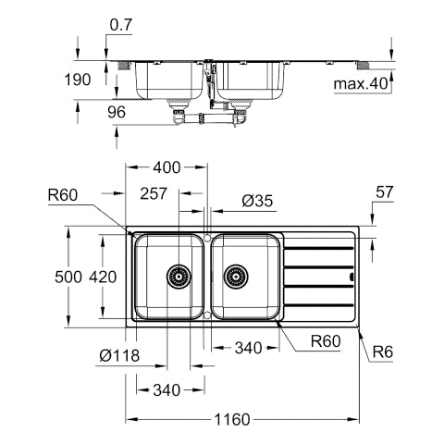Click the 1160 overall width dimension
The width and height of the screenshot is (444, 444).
click(x=232, y=419)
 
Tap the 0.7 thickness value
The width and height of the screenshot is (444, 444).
click(x=121, y=25)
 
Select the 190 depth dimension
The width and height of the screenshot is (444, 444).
click(x=78, y=80)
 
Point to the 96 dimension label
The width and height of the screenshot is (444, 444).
click(x=117, y=112)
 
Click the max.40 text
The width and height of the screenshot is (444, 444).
click(x=361, y=83)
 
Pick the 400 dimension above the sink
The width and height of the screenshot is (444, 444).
click(x=166, y=167)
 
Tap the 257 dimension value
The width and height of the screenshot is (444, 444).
click(x=154, y=193)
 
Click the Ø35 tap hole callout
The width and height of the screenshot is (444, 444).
click(x=257, y=201)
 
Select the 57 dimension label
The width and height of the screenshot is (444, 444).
click(x=385, y=192)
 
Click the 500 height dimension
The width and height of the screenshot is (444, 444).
click(x=68, y=277)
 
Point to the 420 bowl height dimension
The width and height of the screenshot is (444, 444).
click(x=103, y=277)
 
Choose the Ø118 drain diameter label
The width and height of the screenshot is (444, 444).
click(x=119, y=355)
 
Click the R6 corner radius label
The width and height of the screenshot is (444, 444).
click(x=383, y=351)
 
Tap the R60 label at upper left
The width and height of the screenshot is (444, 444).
click(x=63, y=195)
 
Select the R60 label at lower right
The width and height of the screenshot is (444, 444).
click(x=326, y=341)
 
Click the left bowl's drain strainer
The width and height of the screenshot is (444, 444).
click(x=179, y=277)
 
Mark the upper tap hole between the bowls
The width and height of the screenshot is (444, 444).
click(x=207, y=238)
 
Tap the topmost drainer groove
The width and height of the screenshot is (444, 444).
click(x=318, y=248)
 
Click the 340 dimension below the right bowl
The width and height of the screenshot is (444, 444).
click(x=248, y=348)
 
